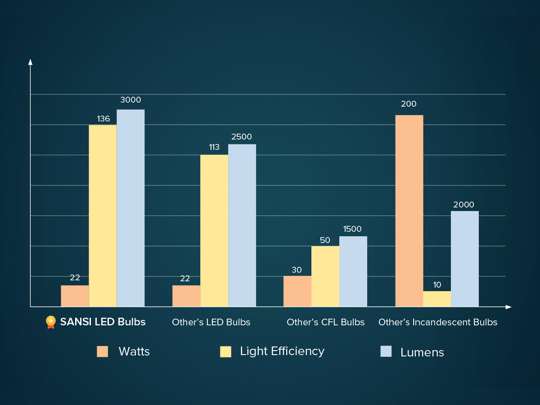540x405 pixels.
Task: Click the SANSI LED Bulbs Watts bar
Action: click(x=75, y=296)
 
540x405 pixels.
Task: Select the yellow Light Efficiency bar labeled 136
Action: click(x=103, y=216)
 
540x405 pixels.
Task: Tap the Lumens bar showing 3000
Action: click(x=130, y=208)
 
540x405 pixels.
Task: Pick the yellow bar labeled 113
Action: click(x=214, y=231)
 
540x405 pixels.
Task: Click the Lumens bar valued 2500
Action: click(x=242, y=225)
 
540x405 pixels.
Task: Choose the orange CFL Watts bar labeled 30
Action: click(x=297, y=291)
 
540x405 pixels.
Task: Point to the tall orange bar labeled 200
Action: click(x=409, y=211)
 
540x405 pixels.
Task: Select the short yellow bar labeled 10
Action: click(x=437, y=299)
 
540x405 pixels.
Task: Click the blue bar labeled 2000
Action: click(x=465, y=259)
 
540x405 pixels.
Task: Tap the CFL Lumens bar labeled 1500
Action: click(x=353, y=271)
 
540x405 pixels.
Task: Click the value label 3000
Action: click(x=130, y=100)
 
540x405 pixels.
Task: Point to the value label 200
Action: click(x=409, y=104)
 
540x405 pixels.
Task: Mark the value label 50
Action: click(x=325, y=240)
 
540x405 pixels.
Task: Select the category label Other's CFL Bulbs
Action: click(x=325, y=322)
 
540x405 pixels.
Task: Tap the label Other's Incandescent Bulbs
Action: click(x=438, y=322)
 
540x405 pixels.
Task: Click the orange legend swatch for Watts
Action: click(x=103, y=351)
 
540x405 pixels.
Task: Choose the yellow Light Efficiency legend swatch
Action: click(x=225, y=351)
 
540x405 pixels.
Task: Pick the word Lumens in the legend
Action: click(x=422, y=352)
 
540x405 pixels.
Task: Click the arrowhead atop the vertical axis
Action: click(x=30, y=62)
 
